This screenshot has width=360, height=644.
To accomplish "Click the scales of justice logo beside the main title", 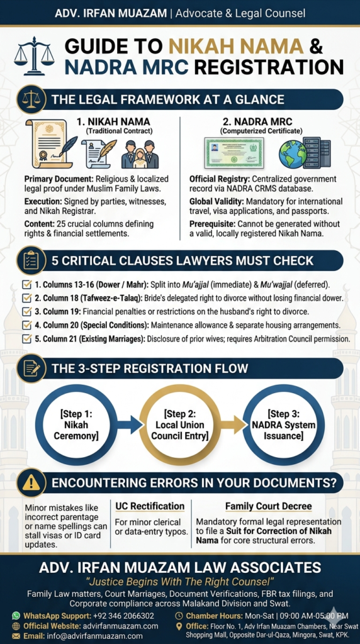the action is pos(34,56).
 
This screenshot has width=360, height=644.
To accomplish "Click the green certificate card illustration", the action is pos(234,153).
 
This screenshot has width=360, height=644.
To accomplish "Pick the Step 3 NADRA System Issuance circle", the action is pos(284,425).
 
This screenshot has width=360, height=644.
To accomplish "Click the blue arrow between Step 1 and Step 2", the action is pos(131,425).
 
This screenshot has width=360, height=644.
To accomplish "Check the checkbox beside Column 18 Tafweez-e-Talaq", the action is pos(26,297).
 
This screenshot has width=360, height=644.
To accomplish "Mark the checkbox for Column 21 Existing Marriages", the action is pos(26,339).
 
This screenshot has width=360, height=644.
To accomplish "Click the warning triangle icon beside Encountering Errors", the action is pos(31,482).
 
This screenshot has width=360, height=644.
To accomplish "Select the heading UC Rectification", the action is pos(150,506).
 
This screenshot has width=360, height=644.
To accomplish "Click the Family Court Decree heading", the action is pos(268,506).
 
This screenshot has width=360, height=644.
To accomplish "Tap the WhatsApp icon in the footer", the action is pos(16,615).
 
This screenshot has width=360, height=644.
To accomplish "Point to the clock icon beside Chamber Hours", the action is pos(179,615).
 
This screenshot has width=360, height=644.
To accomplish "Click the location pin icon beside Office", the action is pos(179,626).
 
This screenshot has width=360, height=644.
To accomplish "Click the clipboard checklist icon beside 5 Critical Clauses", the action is pos(31,261).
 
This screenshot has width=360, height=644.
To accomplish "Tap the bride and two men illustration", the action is pos(140,153).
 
